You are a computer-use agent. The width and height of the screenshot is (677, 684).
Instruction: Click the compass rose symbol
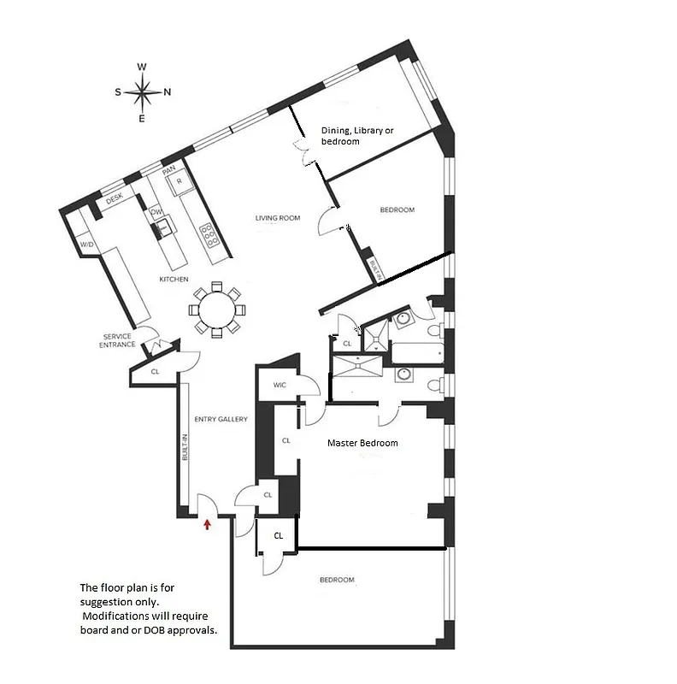click(143, 91)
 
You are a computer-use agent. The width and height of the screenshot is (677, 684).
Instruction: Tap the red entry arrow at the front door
click(206, 524)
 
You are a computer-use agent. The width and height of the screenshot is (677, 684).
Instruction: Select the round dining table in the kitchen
click(217, 309)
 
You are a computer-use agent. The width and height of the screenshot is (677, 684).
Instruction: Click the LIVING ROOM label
click(278, 218)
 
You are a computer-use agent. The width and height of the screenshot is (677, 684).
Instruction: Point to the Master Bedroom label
click(362, 443)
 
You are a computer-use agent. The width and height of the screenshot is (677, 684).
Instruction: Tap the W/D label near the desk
click(86, 245)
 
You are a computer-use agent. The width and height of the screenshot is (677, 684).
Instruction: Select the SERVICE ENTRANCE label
click(118, 340)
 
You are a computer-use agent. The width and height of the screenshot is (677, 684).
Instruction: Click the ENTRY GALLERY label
click(221, 419)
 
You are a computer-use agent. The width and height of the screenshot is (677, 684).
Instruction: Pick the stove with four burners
click(209, 235)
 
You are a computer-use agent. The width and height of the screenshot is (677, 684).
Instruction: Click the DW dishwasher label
click(156, 211)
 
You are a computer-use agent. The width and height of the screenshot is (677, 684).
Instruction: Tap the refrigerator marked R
click(180, 181)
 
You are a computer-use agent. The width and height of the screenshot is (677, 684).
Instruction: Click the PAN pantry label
click(168, 170)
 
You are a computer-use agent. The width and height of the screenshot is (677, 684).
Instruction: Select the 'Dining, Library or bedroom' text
click(357, 136)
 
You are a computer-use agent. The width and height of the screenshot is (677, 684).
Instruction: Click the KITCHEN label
click(174, 280)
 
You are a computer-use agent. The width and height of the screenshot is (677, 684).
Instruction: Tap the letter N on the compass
click(168, 92)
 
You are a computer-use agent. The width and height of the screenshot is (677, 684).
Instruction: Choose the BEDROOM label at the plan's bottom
click(337, 580)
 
